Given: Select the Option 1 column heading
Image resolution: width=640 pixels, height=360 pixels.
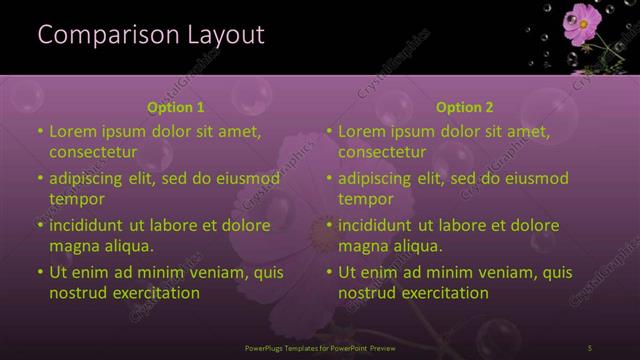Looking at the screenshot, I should (x=175, y=107).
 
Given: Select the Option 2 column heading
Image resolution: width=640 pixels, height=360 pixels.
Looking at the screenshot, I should (x=465, y=107).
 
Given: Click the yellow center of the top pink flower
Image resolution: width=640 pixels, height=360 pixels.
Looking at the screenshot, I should (x=580, y=17).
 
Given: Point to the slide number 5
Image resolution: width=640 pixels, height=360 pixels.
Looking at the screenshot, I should (x=590, y=347).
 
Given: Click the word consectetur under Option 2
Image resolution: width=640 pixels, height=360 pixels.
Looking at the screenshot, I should (x=383, y=153).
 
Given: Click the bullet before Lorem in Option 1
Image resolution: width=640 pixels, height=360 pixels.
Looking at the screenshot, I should (x=40, y=131).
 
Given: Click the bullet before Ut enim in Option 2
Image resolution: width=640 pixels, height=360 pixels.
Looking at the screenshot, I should (x=329, y=272).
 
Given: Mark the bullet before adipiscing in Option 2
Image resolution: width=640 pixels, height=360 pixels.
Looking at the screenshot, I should (x=329, y=179).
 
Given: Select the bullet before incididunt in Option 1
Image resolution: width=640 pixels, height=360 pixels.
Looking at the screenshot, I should (x=40, y=225).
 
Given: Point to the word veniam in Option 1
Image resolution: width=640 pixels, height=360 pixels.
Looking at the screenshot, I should (x=212, y=272).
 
